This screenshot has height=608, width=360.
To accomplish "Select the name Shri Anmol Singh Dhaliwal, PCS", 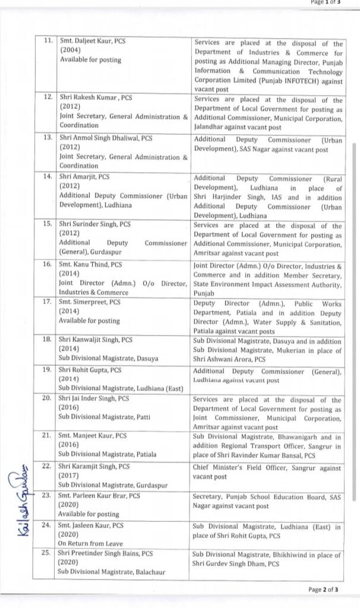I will (106, 138).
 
